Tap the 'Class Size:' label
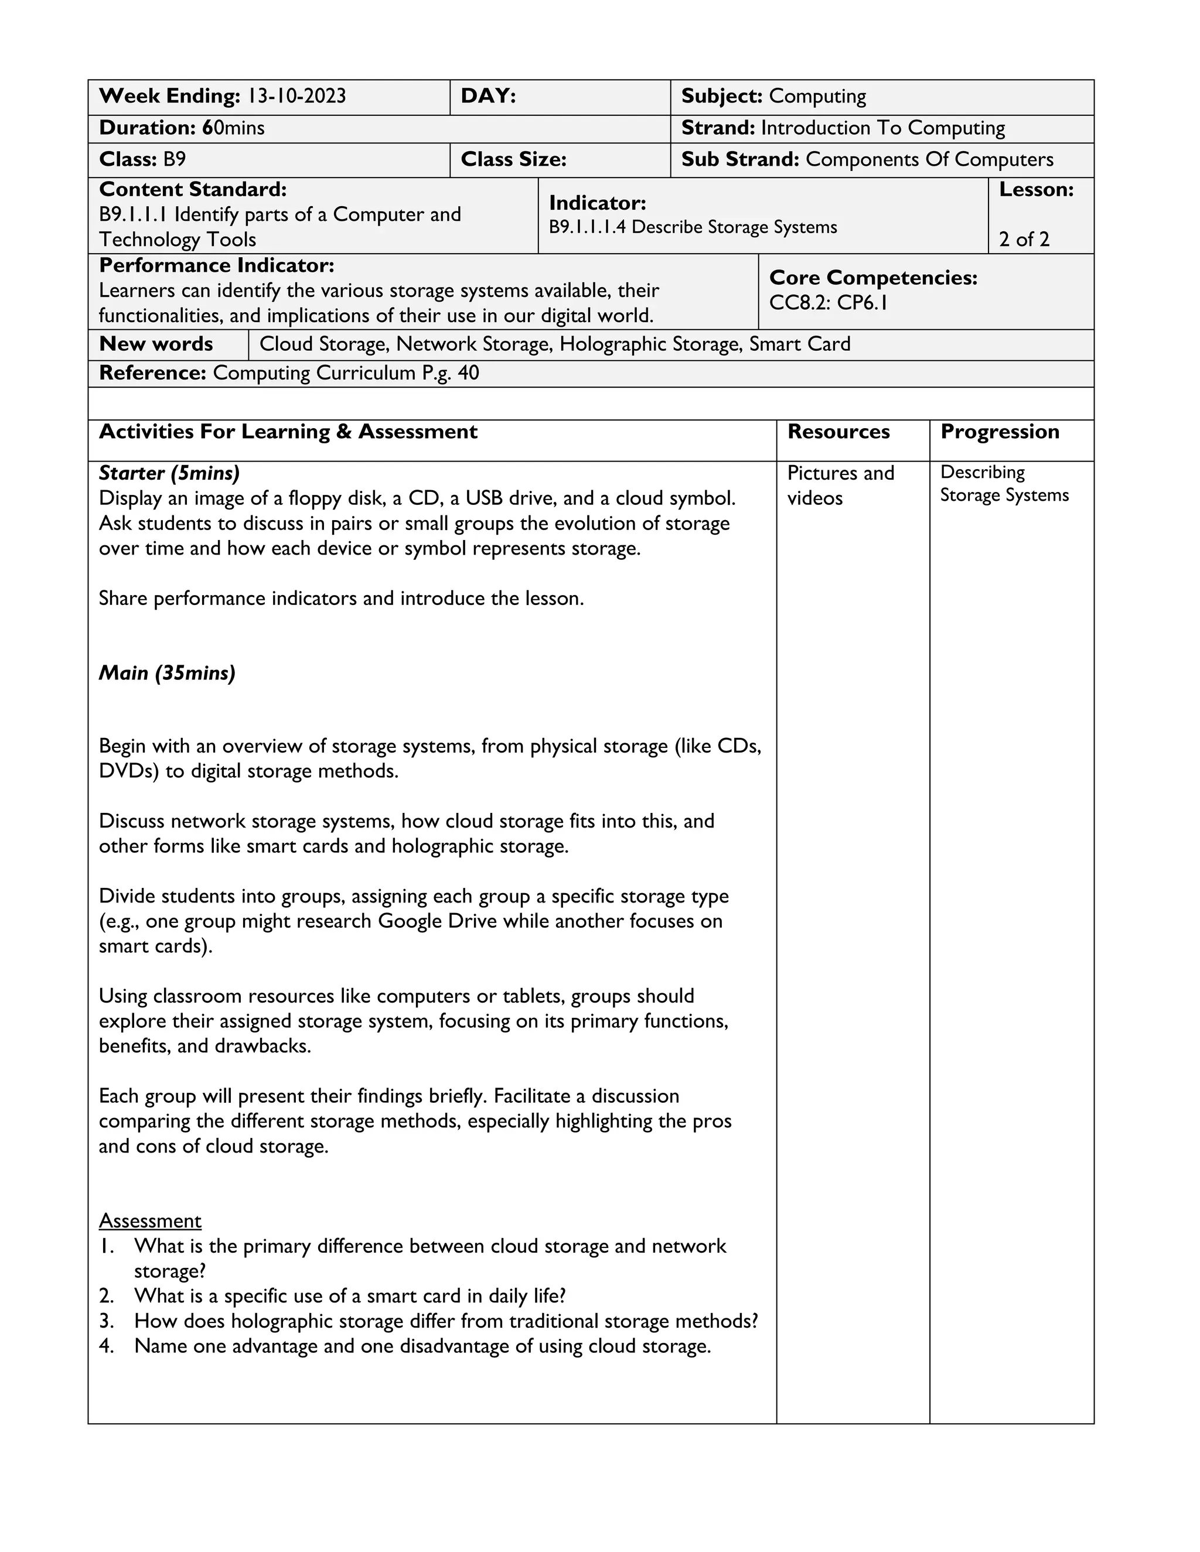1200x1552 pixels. pos(513,159)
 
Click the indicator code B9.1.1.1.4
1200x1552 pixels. pos(587,227)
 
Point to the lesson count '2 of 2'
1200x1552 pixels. pos(1024,240)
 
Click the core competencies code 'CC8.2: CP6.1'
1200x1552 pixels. pos(828,303)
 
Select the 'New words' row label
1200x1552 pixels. pos(156,344)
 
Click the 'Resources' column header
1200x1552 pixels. pos(838,432)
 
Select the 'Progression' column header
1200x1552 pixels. pos(1000,432)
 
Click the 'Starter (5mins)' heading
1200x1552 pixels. pos(169,473)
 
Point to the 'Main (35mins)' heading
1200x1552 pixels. pos(167,673)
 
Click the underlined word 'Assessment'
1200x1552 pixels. pos(150,1221)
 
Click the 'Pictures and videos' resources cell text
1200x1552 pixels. pos(840,486)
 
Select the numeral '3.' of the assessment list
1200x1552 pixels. pos(107,1321)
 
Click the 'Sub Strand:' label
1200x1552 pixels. pos(740,159)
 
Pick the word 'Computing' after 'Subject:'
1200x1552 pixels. pos(817,96)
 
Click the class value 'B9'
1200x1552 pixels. pos(174,159)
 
